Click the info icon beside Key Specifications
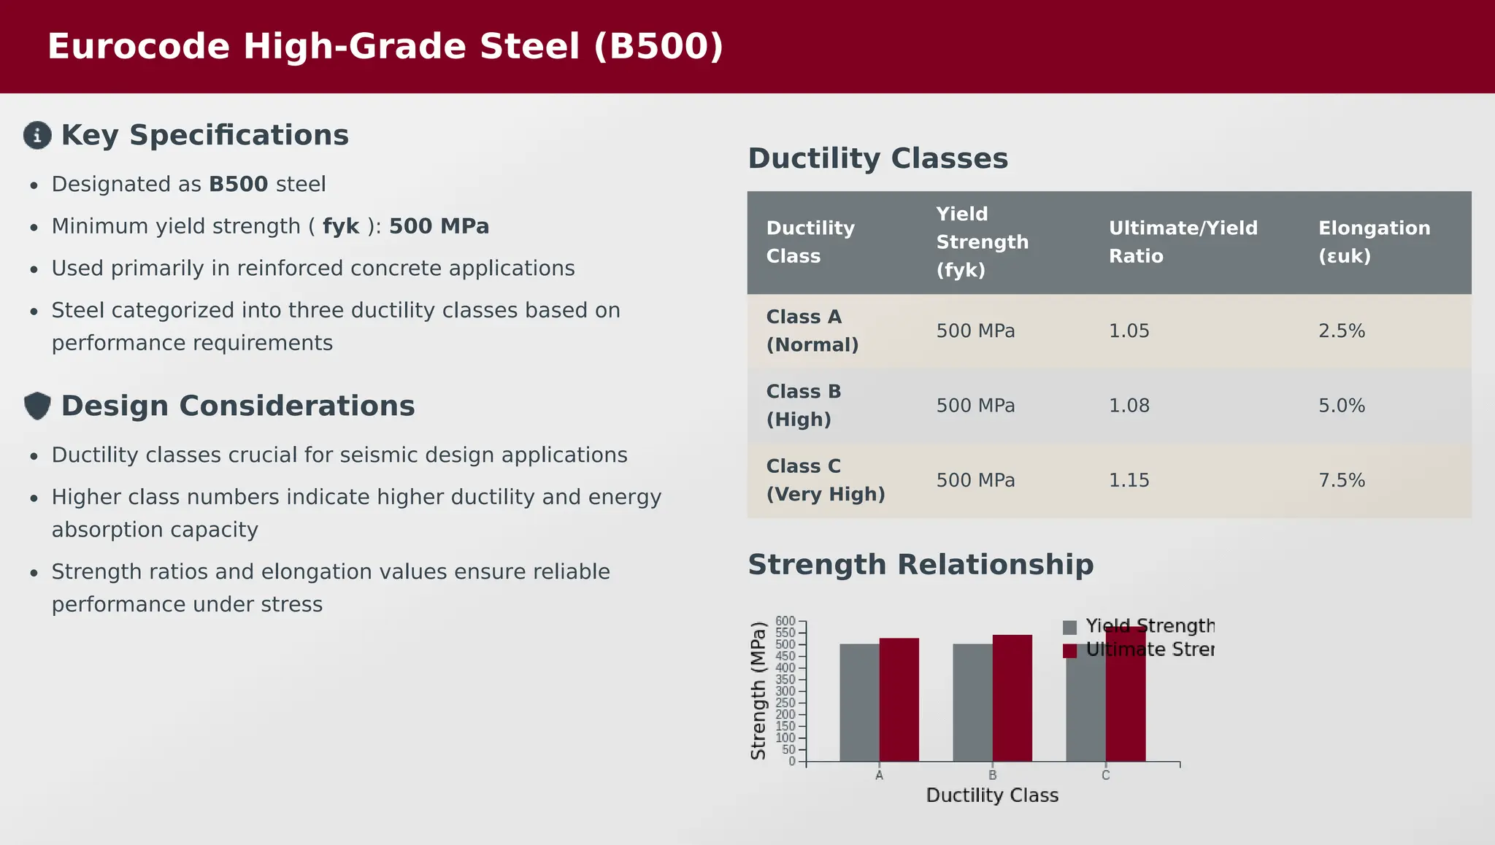(x=37, y=135)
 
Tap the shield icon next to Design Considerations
(x=37, y=406)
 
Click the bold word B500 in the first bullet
(x=238, y=185)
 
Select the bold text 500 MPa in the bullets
(x=439, y=226)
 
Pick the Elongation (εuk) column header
(x=1374, y=242)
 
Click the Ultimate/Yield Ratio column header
(x=1183, y=242)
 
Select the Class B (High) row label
(x=804, y=406)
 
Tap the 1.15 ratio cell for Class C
(x=1129, y=481)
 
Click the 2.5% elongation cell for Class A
(x=1341, y=331)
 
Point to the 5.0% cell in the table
(x=1341, y=406)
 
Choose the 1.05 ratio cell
(x=1129, y=331)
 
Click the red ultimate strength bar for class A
(x=899, y=701)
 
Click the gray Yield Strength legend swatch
(x=1069, y=628)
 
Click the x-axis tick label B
(x=992, y=776)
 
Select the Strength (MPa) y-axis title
(x=758, y=690)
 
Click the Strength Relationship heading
(x=921, y=565)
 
